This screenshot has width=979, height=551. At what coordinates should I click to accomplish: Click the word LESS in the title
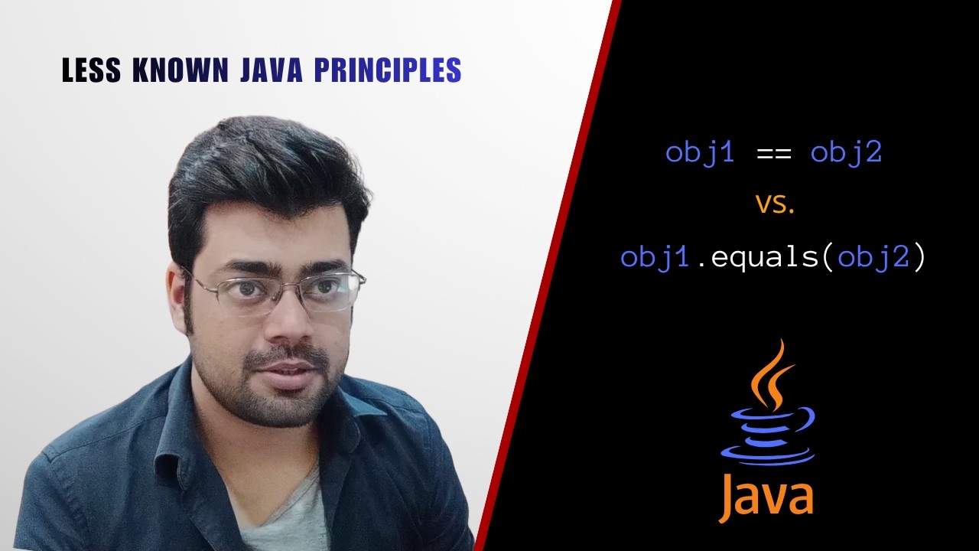(x=91, y=71)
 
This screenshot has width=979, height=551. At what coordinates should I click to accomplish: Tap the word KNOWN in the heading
(x=181, y=71)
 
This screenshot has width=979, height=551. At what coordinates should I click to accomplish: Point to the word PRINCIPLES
(x=388, y=71)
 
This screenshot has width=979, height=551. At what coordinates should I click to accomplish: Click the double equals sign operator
(x=772, y=153)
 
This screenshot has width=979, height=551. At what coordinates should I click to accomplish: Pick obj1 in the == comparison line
(x=700, y=152)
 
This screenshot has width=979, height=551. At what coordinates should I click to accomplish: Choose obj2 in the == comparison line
(x=846, y=152)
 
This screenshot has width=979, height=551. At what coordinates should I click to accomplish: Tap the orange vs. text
(x=776, y=204)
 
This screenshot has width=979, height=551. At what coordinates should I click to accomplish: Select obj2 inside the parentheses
(x=873, y=257)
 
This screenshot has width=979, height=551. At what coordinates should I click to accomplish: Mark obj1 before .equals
(x=655, y=257)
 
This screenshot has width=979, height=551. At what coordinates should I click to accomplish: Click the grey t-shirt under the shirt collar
(x=283, y=513)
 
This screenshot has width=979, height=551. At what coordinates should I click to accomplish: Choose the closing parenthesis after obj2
(x=919, y=257)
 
